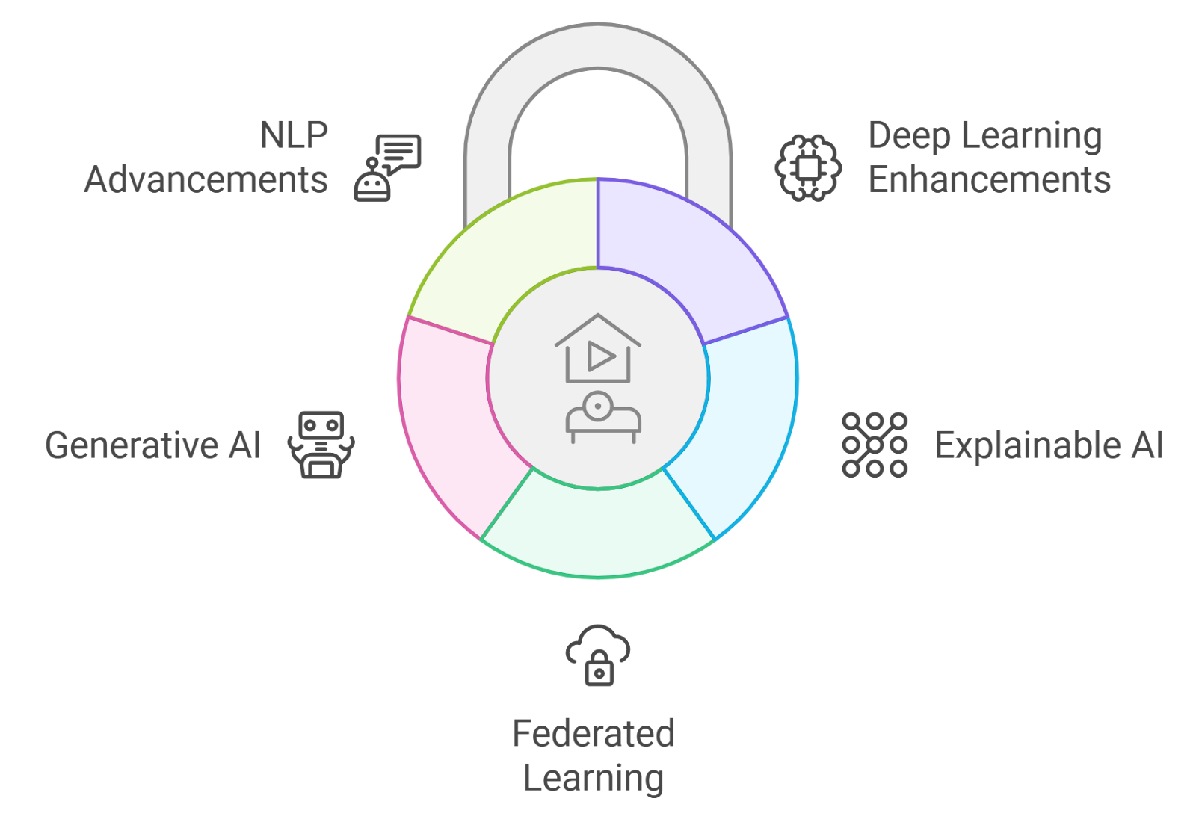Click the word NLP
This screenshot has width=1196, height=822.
[x=294, y=135]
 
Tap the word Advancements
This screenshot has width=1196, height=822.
[x=206, y=180]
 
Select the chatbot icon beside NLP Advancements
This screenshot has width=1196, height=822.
[x=387, y=167]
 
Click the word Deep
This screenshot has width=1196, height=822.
[x=908, y=137]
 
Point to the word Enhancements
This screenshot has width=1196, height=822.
[x=989, y=180]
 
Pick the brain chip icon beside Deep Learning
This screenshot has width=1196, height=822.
[x=807, y=167]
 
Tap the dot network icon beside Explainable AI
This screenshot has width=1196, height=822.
[x=875, y=445]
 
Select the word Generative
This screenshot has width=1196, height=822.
[x=132, y=445]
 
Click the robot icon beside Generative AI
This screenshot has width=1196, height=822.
[x=321, y=445]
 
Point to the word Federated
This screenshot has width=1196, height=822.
[x=594, y=734]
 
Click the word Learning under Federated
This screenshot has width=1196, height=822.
[x=594, y=778]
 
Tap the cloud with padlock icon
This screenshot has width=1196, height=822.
[x=598, y=655]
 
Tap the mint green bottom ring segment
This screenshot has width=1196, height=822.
[x=598, y=531]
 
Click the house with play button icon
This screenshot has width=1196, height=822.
[x=598, y=349]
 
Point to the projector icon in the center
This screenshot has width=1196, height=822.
[x=602, y=417]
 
